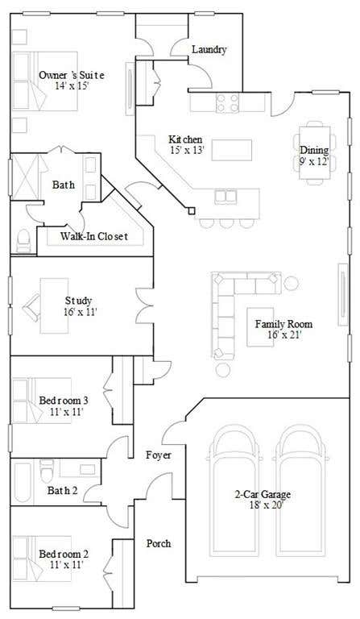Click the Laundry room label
click(209, 50)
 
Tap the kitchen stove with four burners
click(227, 102)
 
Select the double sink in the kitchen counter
click(226, 197)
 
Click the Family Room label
click(283, 324)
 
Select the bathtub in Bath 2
click(22, 482)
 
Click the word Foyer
click(159, 455)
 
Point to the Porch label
click(159, 543)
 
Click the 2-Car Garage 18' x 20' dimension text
click(267, 505)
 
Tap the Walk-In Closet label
click(94, 236)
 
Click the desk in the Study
click(55, 305)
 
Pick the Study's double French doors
click(144, 305)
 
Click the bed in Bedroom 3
click(42, 401)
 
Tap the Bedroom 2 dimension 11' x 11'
click(67, 564)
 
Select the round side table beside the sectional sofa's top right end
click(291, 283)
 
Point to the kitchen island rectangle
click(232, 150)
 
